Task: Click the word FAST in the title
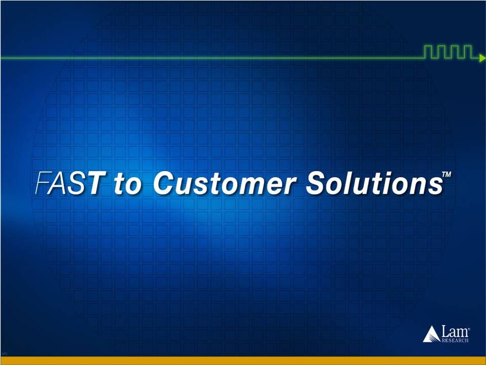pyautogui.click(x=69, y=183)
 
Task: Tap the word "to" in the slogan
pyautogui.click(x=127, y=184)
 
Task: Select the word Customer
pyautogui.click(x=224, y=183)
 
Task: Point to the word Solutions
pyautogui.click(x=374, y=183)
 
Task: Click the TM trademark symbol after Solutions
pyautogui.click(x=447, y=175)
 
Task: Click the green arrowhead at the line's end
pyautogui.click(x=482, y=58)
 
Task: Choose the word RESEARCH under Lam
pyautogui.click(x=455, y=341)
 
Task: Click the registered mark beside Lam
pyautogui.click(x=469, y=328)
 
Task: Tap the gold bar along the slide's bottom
pyautogui.click(x=243, y=360)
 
